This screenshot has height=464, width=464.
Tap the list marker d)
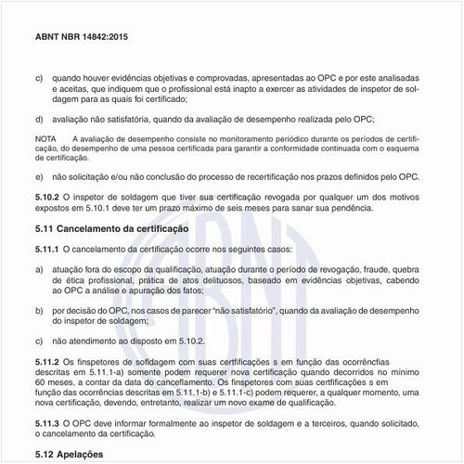(x=39, y=118)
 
